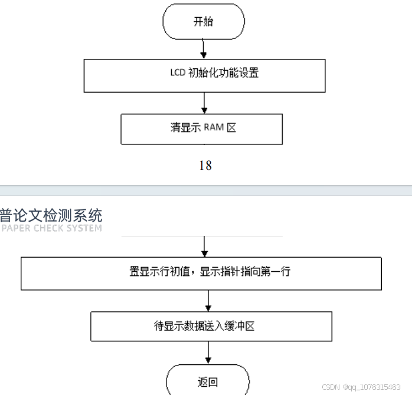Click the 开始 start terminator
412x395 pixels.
tap(203, 22)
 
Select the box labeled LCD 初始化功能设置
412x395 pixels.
tap(204, 75)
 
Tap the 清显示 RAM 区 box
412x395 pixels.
tap(202, 128)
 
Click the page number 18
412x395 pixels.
tap(205, 165)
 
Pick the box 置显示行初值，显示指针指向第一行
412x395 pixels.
tap(201, 272)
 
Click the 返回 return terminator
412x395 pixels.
tap(207, 381)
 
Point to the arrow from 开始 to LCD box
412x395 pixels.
tap(203, 49)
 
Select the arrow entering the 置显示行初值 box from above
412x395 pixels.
tap(204, 246)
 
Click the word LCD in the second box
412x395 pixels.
tap(177, 74)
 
